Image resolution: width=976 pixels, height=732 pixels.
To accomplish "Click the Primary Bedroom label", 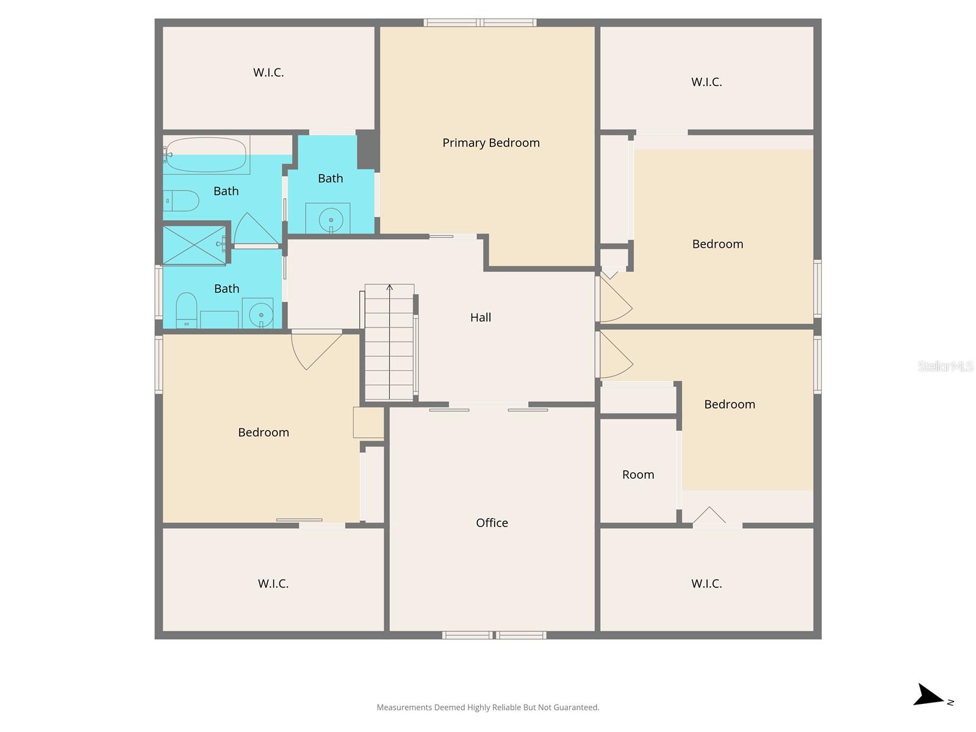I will click(x=491, y=143).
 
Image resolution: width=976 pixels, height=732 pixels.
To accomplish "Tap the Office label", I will click(x=492, y=523).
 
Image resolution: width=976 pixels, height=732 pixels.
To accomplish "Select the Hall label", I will click(x=481, y=317).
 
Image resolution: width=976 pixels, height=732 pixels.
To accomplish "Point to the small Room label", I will click(x=638, y=475).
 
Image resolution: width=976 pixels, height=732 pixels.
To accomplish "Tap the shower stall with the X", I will click(x=193, y=245).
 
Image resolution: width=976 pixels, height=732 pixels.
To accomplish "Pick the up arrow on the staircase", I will click(x=390, y=288).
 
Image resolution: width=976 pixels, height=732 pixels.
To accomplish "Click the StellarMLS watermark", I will click(x=945, y=366).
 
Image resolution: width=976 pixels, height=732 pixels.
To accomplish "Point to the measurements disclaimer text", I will click(x=488, y=708).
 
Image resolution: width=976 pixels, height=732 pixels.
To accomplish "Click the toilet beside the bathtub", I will click(x=181, y=201).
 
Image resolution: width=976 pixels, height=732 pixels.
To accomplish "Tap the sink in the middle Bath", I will click(x=330, y=219).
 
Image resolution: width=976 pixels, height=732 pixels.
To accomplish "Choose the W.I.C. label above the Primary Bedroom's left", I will click(x=268, y=73).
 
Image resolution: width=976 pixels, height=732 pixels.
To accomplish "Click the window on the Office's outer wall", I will click(x=494, y=635).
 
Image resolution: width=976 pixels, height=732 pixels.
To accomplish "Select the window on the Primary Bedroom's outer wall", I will click(x=480, y=23).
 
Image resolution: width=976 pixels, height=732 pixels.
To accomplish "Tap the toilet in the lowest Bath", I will click(x=186, y=310).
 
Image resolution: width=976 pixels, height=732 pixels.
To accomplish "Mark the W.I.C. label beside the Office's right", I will click(x=706, y=584).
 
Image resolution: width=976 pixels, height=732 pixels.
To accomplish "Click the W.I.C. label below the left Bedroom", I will click(x=273, y=584).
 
